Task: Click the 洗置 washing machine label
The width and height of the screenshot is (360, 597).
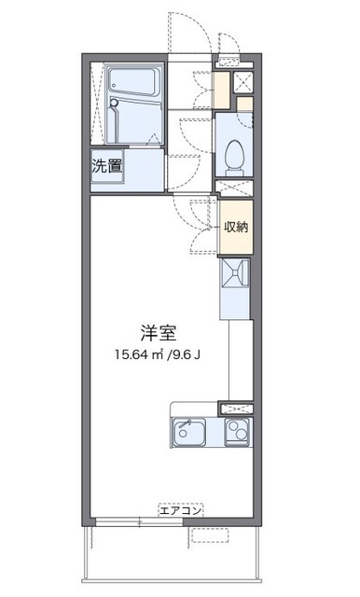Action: pyautogui.click(x=106, y=167)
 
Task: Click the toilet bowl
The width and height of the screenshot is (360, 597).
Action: pyautogui.click(x=234, y=151)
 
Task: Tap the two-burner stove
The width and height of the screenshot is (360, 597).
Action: pyautogui.click(x=237, y=433)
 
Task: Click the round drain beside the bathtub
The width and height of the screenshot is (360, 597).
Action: pyautogui.click(x=114, y=103)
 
